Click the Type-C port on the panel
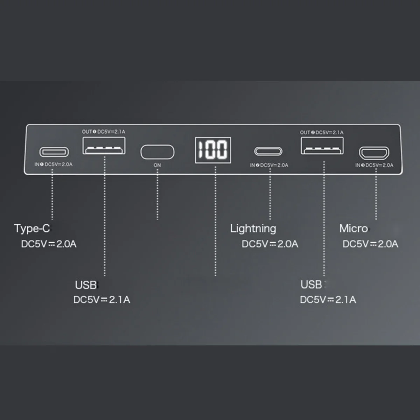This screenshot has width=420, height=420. click(x=54, y=152)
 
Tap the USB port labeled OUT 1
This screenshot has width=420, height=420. click(x=104, y=146)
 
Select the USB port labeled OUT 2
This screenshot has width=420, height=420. click(x=322, y=146)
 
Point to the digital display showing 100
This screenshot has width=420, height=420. click(x=213, y=150)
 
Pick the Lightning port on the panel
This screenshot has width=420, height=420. click(x=268, y=151)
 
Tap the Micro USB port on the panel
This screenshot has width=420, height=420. click(x=374, y=153)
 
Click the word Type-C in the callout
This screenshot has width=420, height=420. click(x=32, y=229)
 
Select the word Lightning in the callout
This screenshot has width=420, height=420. click(x=253, y=229)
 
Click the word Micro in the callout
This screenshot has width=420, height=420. click(x=353, y=229)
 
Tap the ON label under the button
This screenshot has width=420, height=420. click(x=157, y=165)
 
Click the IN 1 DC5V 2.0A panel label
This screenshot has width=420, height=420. click(x=53, y=164)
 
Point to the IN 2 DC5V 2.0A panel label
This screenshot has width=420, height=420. click(x=269, y=165)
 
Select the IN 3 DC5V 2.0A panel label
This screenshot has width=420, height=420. click(x=374, y=165)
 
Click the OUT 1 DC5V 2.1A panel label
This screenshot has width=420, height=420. click(x=103, y=132)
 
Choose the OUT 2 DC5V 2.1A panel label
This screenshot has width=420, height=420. click(x=322, y=132)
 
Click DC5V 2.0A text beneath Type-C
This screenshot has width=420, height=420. click(x=49, y=244)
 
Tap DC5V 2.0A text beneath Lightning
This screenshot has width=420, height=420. click(x=270, y=244)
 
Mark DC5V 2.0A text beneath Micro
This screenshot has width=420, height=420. click(x=370, y=244)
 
